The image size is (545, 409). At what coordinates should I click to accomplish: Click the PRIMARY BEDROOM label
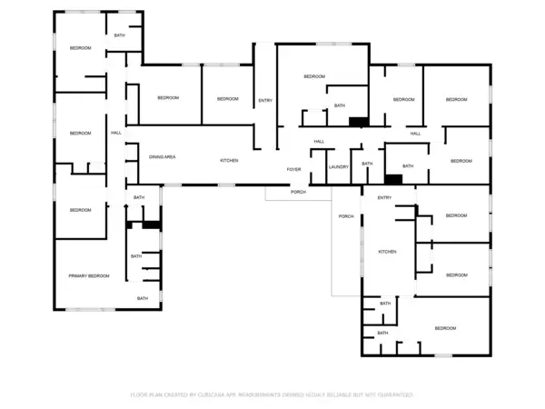pos(89,275)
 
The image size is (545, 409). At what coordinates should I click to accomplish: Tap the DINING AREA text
pos(163,157)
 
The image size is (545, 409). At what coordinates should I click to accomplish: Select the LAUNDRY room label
pos(339,166)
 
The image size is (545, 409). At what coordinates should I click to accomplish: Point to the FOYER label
pos(294,169)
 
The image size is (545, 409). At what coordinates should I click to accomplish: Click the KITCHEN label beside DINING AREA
pos(229,160)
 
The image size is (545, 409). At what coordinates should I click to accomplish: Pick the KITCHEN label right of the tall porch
pos(388,251)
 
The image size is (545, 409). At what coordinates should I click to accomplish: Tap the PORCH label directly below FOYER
pos(298,192)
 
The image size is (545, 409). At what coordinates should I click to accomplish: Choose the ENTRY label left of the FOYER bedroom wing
pos(265,100)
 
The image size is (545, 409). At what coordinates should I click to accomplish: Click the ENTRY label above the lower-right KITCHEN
pos(384,197)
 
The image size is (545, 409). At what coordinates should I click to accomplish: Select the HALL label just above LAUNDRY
pos(319,141)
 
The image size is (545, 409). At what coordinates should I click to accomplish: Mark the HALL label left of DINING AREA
pos(116,133)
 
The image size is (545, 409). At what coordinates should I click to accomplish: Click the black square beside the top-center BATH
pos(359,121)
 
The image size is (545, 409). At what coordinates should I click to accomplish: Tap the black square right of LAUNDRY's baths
pos(393,179)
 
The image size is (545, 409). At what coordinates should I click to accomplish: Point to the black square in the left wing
pos(152,224)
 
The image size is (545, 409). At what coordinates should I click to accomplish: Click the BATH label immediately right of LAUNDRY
pos(367,164)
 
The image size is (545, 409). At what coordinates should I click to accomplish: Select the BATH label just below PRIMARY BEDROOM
pos(143,298)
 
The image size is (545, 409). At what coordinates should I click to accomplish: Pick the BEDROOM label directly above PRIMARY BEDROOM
pos(81,210)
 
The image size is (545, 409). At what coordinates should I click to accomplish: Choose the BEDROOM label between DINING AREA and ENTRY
pos(227,98)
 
